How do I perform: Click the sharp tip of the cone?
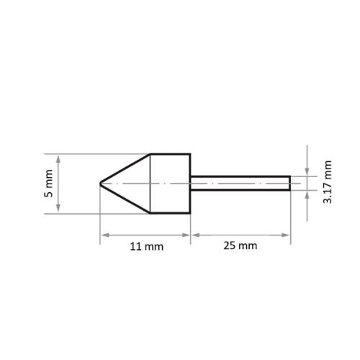(100, 184)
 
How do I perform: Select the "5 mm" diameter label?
(49, 184)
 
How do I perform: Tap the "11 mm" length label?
(146, 246)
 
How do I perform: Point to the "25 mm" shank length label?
(240, 246)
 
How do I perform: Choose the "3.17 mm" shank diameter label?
(328, 183)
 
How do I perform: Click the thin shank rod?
(240, 184)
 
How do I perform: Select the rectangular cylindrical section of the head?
(170, 184)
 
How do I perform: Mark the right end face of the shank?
(290, 184)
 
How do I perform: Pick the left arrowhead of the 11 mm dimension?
(104, 234)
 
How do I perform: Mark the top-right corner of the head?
(190, 154)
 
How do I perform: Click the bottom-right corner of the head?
(190, 213)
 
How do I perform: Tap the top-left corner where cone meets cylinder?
(150, 154)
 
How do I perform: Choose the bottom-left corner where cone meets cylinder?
(150, 213)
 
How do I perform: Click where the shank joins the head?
(191, 184)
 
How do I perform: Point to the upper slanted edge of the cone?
(125, 168)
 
